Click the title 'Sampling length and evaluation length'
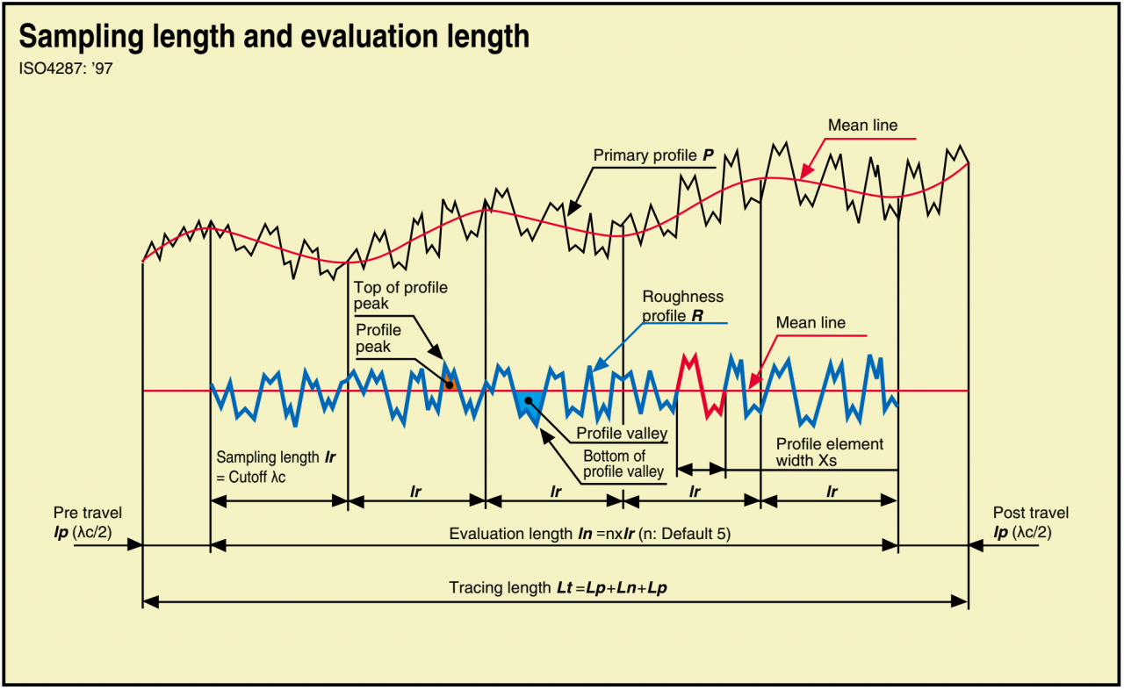pyautogui.click(x=274, y=37)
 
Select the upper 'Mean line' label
pyautogui.click(x=862, y=126)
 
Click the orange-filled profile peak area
pyautogui.click(x=449, y=383)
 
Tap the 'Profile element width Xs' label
pyautogui.click(x=829, y=451)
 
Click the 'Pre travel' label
pyautogui.click(x=88, y=521)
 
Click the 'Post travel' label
pyautogui.click(x=1031, y=521)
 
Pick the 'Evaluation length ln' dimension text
pyautogui.click(x=589, y=534)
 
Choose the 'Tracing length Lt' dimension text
pyautogui.click(x=558, y=588)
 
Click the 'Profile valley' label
pyautogui.click(x=622, y=434)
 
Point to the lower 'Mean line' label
pyautogui.click(x=811, y=323)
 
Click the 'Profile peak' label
pyautogui.click(x=378, y=338)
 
